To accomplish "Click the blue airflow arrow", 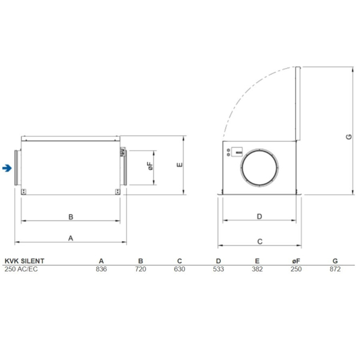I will coord(7,167).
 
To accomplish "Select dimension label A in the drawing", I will coord(71,237).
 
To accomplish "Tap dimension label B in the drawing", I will coord(71,217).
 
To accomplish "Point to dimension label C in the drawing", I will coord(259,241).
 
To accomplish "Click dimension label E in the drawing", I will coord(179,166).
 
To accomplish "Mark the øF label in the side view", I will coord(149,167).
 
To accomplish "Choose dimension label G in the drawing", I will coord(349,138).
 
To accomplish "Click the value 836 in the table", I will coord(102,269).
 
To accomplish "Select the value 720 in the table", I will coord(141,269).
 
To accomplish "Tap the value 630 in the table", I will coord(179,269).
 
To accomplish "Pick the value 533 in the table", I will coord(218,269).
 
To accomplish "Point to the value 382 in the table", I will coord(257,269).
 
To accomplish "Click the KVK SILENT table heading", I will coord(23,261).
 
